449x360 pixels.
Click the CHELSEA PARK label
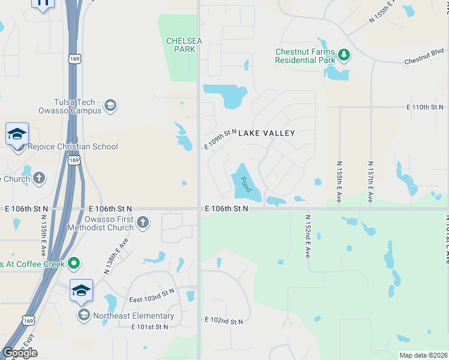[181, 44]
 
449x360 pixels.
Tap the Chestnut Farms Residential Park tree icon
[344, 55]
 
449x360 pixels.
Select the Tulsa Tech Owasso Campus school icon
[110, 106]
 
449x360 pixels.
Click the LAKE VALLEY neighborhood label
[267, 133]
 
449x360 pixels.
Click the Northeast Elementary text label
[133, 316]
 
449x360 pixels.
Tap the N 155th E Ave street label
[339, 182]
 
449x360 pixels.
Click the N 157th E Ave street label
[370, 182]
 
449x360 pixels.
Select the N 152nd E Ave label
[307, 237]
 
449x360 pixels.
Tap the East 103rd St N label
[152, 295]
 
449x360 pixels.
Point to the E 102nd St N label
[224, 321]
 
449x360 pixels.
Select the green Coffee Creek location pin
[74, 263]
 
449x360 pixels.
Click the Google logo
[20, 353]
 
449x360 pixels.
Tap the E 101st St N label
[151, 327]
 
